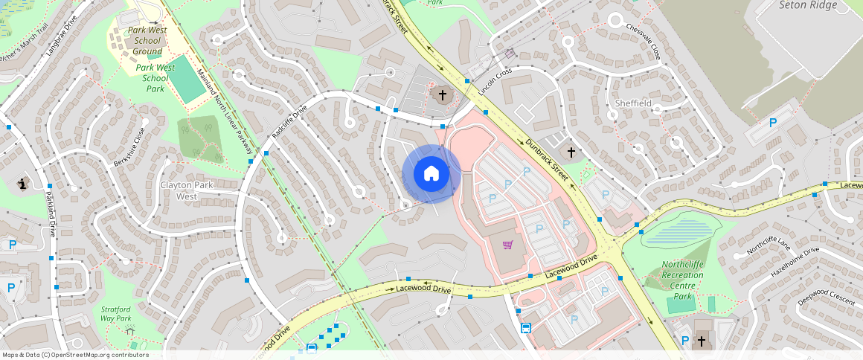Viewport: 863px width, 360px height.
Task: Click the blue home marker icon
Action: click(x=431, y=174)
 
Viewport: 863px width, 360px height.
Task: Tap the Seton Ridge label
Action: click(x=808, y=5)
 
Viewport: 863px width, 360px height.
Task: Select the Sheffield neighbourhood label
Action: click(x=633, y=103)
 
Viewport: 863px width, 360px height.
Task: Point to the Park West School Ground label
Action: click(x=147, y=40)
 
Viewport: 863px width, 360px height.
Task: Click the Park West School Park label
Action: click(x=155, y=77)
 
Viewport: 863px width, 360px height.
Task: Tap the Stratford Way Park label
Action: click(x=116, y=313)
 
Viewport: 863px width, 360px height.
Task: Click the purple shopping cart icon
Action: click(x=507, y=245)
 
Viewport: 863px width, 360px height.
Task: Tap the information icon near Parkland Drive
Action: click(x=22, y=184)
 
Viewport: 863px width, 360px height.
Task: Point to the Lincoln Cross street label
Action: click(x=496, y=83)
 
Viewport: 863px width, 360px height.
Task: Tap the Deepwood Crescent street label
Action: click(x=826, y=298)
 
